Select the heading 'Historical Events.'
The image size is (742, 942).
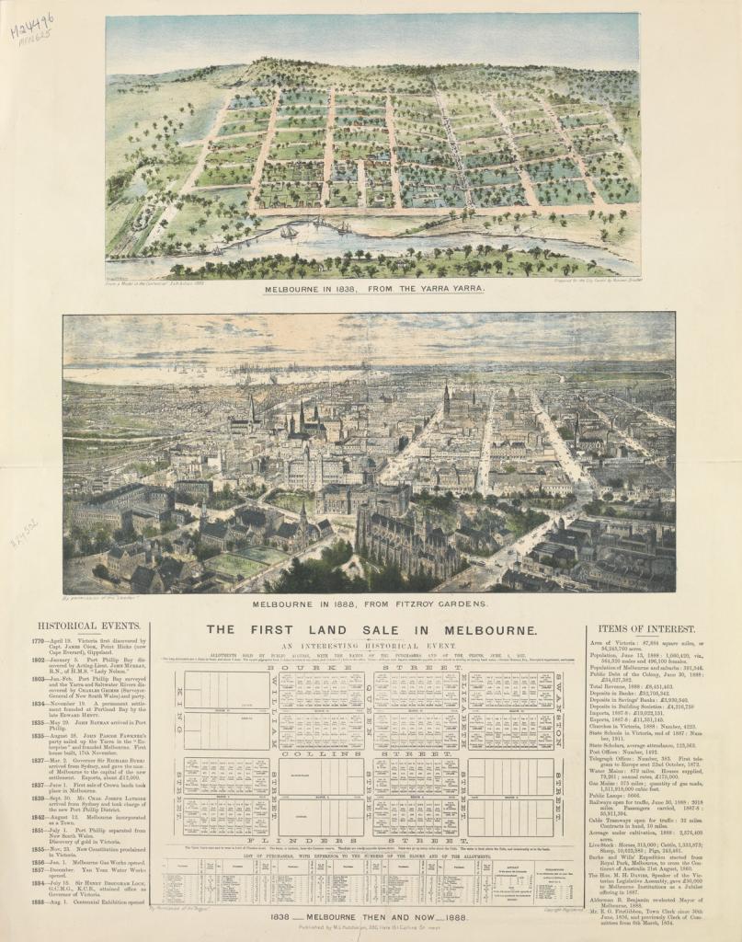pyautogui.click(x=102, y=626)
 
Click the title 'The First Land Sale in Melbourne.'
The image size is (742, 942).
pyautogui.click(x=371, y=630)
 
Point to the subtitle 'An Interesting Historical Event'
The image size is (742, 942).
pyautogui.click(x=371, y=648)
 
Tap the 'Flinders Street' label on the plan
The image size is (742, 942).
pyautogui.click(x=371, y=841)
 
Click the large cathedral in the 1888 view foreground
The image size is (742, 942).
pyautogui.click(x=405, y=538)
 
